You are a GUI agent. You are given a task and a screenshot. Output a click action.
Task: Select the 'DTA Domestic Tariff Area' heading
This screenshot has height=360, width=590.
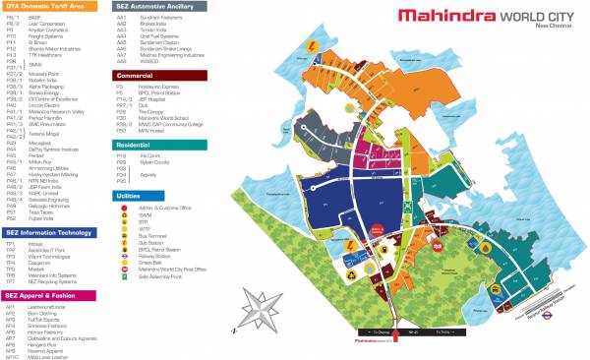pyautogui.click(x=49, y=7)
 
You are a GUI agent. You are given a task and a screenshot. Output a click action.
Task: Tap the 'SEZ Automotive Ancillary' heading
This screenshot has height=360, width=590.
pyautogui.click(x=159, y=7)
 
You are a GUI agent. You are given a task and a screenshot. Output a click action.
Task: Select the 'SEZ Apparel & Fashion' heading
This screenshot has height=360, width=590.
pyautogui.click(x=44, y=294)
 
